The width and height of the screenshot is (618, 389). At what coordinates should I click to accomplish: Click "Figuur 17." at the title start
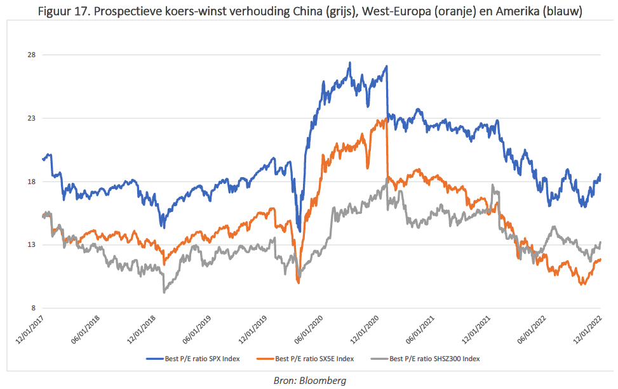click(61, 12)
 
